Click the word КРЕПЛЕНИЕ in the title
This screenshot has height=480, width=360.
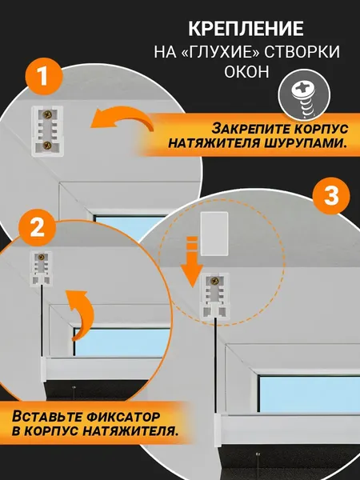click(x=245, y=30)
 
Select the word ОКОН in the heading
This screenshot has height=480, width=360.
click(x=245, y=74)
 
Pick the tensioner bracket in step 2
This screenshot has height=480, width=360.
click(x=41, y=269)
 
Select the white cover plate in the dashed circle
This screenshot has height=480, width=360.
click(x=214, y=233)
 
